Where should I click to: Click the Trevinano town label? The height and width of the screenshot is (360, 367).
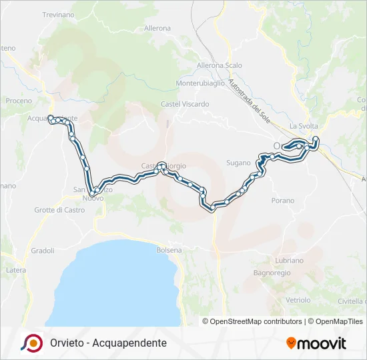pos(59,15)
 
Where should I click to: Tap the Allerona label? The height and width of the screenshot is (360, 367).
pos(157,29)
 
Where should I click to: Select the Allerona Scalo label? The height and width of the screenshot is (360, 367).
pos(219,65)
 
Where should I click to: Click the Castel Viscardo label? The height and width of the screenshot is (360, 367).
pos(185,104)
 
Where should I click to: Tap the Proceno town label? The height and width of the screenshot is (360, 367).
pos(19,101)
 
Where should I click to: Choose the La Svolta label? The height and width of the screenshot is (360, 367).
pos(304,127)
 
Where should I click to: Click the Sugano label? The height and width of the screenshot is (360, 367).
pos(238,163)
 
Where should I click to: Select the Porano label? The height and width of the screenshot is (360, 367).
pos(283,200)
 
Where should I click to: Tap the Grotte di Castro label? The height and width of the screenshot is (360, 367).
pos(60,210)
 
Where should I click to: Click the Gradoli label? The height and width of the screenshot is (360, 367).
pos(42,251)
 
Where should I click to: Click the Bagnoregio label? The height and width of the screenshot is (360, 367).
pos(270,273)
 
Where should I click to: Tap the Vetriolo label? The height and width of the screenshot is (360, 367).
pos(298,300)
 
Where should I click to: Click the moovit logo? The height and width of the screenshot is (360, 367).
pos(316,343)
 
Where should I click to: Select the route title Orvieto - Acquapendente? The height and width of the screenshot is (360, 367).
pos(108,343)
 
